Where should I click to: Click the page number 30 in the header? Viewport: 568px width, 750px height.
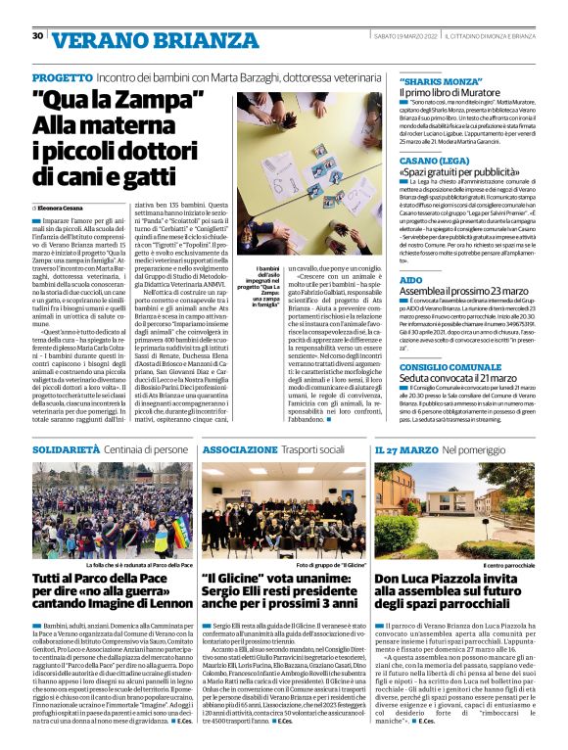37,36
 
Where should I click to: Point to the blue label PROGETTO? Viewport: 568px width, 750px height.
63,76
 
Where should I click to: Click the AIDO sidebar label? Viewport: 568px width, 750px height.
410,280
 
